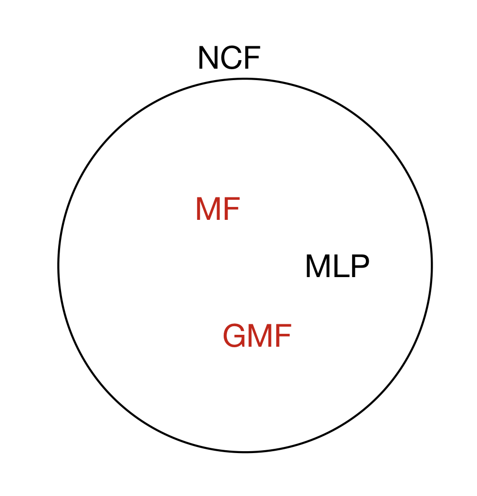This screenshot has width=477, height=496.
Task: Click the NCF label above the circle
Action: tap(229, 59)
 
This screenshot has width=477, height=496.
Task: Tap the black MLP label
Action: tap(337, 267)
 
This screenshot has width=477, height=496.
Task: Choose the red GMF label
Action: tap(257, 336)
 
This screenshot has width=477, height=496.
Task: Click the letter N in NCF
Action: tap(208, 59)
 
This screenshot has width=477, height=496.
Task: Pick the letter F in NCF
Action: tap(251, 59)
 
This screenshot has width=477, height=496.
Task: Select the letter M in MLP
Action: tap(317, 267)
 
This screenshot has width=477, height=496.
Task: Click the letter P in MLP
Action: tap(359, 267)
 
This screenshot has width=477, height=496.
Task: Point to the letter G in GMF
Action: tap(234, 336)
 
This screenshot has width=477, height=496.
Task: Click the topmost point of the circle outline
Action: tap(245, 79)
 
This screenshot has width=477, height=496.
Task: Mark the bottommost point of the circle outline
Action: tap(245, 452)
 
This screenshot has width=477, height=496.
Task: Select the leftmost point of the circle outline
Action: tap(59, 265)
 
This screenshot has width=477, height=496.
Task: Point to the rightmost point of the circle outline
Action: tap(432, 265)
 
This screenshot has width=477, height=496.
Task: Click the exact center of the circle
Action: tap(245, 265)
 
